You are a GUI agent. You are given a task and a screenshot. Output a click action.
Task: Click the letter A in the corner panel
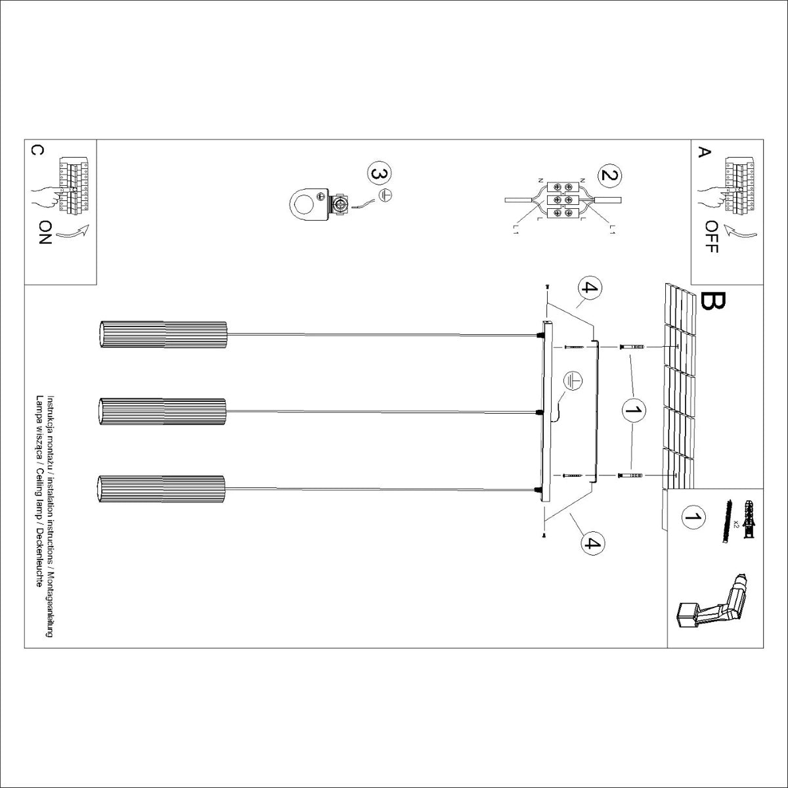click(x=704, y=152)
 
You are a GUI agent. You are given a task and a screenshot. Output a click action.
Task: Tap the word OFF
click(x=711, y=236)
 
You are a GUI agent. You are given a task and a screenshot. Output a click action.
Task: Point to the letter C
click(x=37, y=150)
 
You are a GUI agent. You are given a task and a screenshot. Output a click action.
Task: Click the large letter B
click(x=713, y=301)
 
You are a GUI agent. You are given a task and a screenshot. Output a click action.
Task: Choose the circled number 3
click(x=379, y=175)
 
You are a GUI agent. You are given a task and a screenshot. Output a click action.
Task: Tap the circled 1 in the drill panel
click(x=691, y=517)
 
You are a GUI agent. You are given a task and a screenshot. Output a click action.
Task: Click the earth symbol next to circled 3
click(x=387, y=194)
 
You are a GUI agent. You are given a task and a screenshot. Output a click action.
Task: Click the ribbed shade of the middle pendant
click(x=162, y=412)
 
